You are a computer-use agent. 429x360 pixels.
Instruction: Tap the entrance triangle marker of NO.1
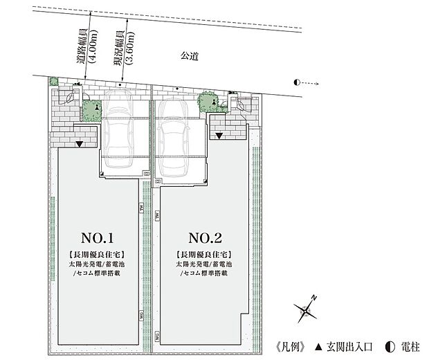[80, 145]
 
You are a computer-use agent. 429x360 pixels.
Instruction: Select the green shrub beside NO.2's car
[208, 101]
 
